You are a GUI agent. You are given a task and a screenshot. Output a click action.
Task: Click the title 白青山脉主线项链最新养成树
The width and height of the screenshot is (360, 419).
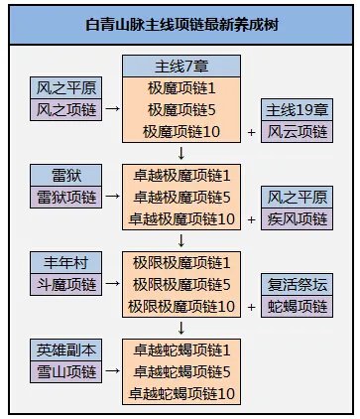pyautogui.click(x=180, y=24)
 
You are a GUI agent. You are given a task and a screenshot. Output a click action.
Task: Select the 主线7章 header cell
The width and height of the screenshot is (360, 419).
pyautogui.click(x=181, y=67)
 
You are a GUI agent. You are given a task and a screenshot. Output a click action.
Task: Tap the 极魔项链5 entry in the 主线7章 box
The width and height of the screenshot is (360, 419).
pyautogui.click(x=181, y=109)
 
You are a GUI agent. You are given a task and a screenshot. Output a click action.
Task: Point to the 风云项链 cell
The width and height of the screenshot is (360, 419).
pyautogui.click(x=295, y=130)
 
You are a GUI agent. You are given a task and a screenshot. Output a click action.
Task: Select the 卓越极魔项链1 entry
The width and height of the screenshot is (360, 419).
pyautogui.click(x=181, y=175)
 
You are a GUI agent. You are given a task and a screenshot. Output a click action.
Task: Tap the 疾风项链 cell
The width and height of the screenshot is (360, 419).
pyautogui.click(x=295, y=218)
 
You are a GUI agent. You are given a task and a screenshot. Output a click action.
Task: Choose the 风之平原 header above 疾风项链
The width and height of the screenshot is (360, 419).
pyautogui.click(x=295, y=197)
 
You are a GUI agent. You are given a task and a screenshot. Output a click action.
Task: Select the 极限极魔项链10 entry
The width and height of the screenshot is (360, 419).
pyautogui.click(x=181, y=307)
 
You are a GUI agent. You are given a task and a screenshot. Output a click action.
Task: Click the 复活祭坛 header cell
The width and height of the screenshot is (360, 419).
pyautogui.click(x=295, y=285)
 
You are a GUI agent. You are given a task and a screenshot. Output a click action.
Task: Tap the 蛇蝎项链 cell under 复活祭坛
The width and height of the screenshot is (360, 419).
pyautogui.click(x=295, y=307)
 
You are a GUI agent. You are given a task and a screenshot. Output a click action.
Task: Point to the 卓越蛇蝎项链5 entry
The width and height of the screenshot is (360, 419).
pyautogui.click(x=181, y=372)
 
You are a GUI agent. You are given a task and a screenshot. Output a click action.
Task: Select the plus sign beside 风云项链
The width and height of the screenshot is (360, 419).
pyautogui.click(x=251, y=132)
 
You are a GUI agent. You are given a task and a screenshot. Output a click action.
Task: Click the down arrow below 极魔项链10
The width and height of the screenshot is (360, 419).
pyautogui.click(x=181, y=153)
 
